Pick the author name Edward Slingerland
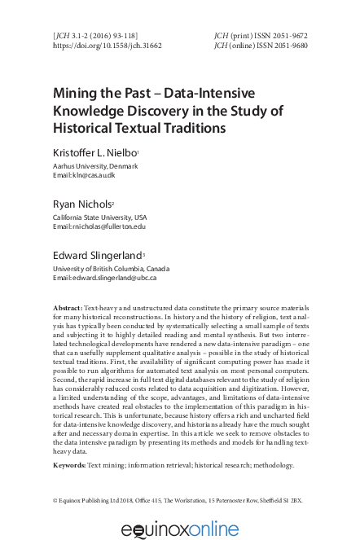click(x=97, y=257)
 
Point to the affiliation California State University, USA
click(x=100, y=218)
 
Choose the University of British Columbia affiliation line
click(x=110, y=269)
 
